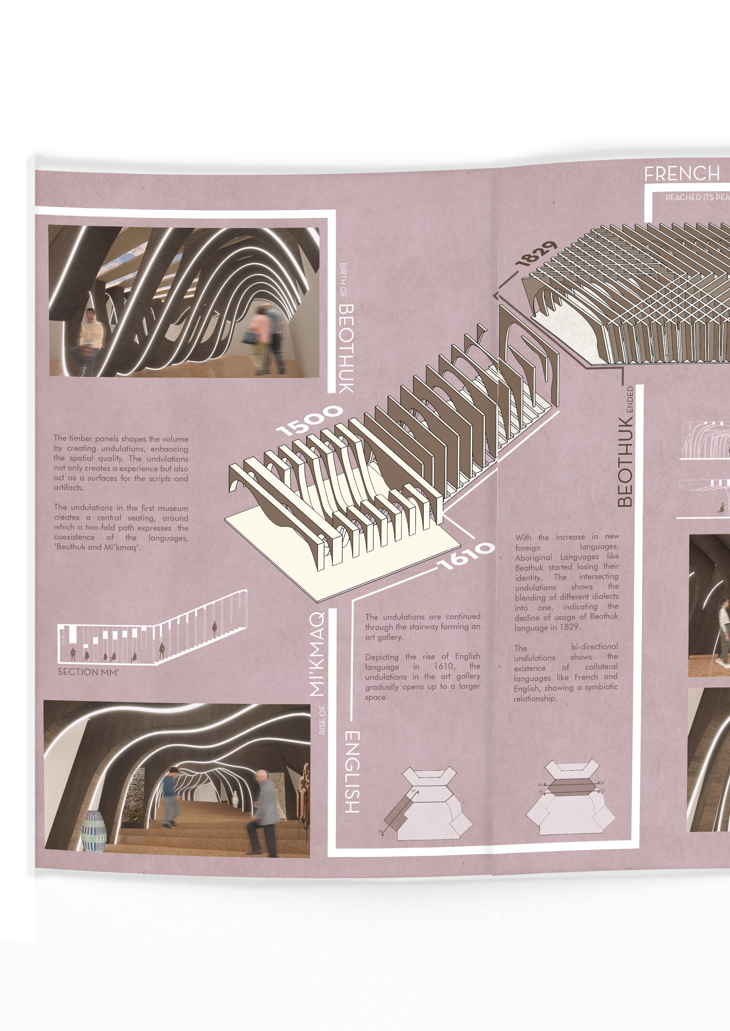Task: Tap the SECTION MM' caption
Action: coord(88,672)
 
